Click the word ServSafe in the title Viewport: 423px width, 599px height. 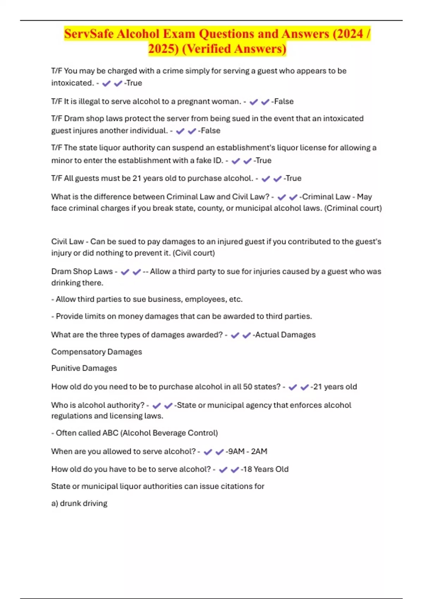point(89,34)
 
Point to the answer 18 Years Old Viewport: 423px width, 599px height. point(265,469)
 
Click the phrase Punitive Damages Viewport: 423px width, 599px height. point(84,368)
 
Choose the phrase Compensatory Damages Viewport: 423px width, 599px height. point(97,352)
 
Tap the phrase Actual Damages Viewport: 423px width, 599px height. point(285,335)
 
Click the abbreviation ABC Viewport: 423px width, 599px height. point(110,433)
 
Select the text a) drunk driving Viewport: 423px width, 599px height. point(79,504)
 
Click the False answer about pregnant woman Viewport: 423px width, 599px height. point(284,101)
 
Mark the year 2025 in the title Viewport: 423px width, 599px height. point(163,49)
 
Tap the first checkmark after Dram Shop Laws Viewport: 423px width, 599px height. point(125,272)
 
